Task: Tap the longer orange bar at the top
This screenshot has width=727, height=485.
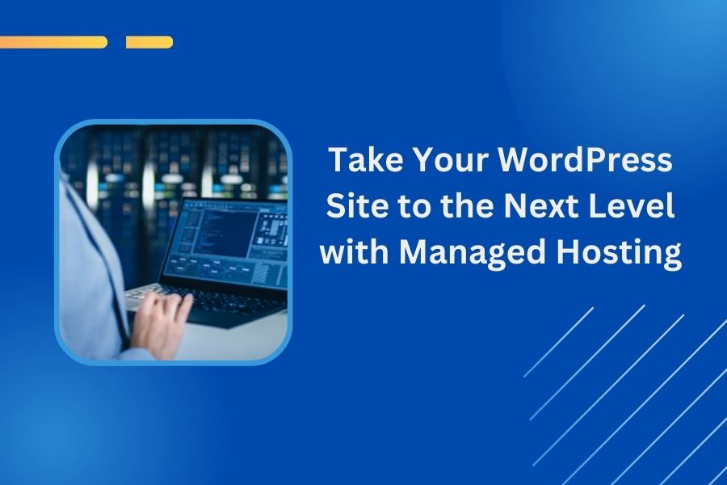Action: point(53,42)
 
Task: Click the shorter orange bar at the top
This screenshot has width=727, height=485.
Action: point(149,42)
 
